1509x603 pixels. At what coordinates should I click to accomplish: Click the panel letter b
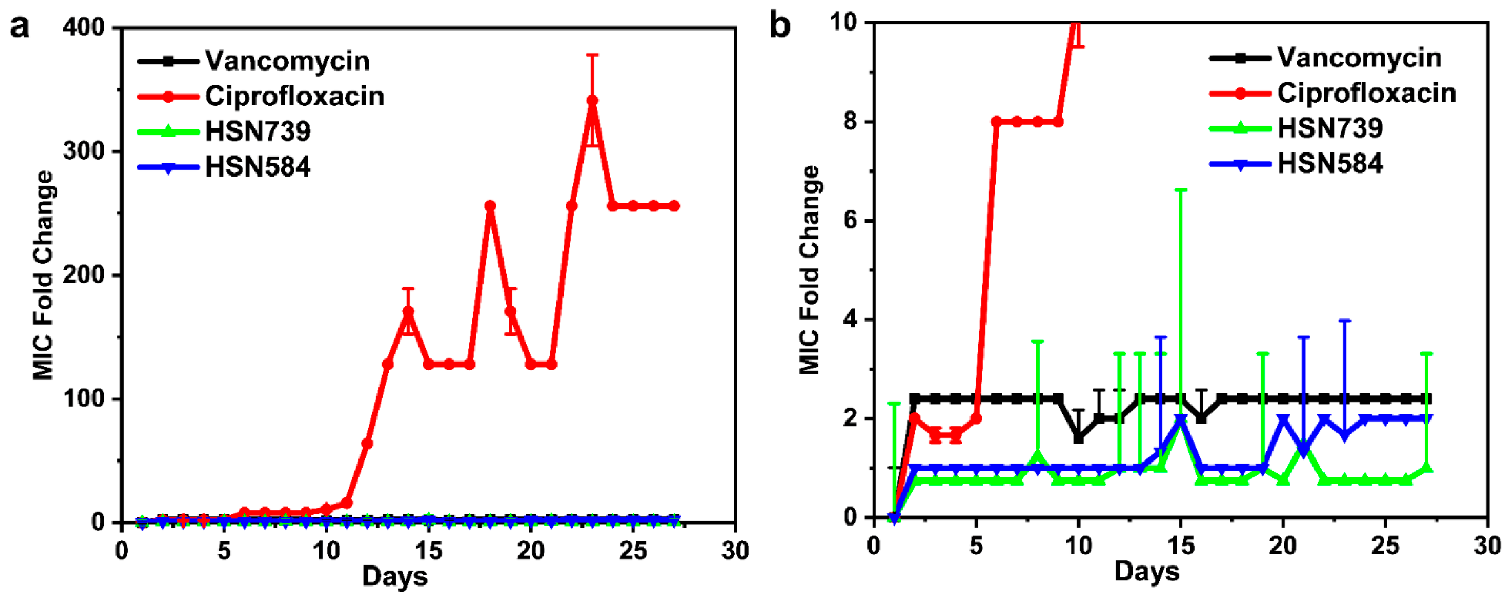coord(780,27)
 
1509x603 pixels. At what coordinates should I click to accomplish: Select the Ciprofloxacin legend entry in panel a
coord(294,96)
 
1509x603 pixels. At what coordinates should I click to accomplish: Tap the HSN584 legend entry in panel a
coord(257,167)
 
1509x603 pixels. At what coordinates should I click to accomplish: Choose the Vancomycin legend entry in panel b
coord(1359,58)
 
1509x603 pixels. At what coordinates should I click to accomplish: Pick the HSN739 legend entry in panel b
coord(1330,128)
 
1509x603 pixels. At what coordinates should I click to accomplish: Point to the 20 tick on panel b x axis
coord(1282,546)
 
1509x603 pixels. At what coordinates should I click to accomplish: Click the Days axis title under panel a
coord(394,576)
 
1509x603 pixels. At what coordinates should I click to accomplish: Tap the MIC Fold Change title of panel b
coord(810,270)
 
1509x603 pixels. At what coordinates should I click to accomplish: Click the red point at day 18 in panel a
coord(490,206)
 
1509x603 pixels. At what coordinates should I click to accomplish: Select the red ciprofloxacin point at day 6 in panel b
coord(996,122)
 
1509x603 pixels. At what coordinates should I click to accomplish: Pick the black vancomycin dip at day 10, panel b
coord(1078,438)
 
